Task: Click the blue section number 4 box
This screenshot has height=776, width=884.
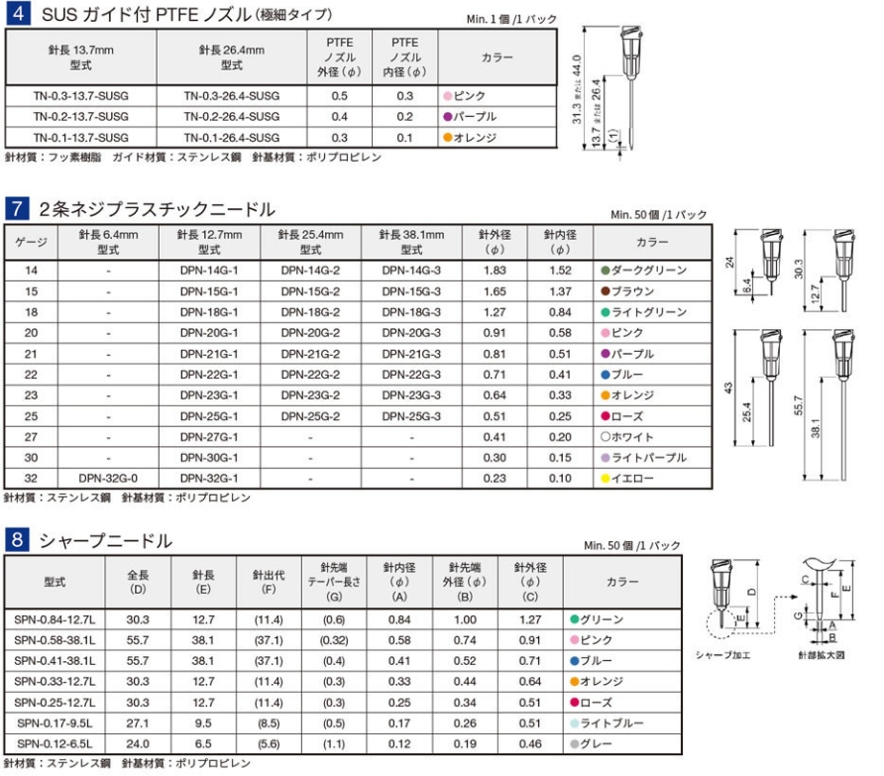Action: click(19, 14)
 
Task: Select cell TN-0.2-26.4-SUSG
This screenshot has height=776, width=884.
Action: click(232, 117)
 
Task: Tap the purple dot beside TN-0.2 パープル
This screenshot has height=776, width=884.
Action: click(448, 117)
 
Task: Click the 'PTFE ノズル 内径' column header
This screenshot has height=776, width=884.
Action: click(404, 56)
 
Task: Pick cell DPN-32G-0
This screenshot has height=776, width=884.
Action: click(108, 479)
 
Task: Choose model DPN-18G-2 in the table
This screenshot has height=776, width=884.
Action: click(310, 312)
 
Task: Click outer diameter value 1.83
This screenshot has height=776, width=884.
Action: click(495, 271)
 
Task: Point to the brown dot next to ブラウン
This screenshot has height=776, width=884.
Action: click(606, 291)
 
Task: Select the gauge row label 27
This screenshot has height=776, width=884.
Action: click(31, 437)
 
